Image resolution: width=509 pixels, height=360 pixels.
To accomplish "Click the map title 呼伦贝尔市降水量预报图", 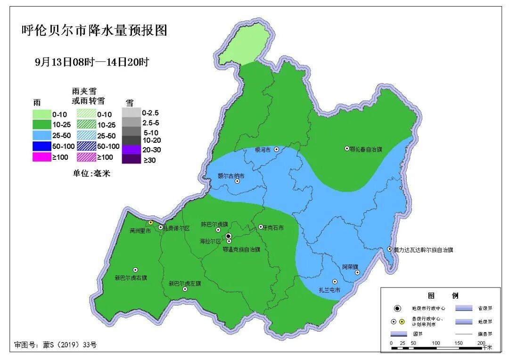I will [x=95, y=31].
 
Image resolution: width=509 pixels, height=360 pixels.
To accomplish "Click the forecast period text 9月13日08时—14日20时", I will [x=92, y=62].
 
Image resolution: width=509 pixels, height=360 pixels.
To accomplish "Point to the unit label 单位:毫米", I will [x=91, y=173].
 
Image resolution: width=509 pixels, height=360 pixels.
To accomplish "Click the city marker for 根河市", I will [x=277, y=149].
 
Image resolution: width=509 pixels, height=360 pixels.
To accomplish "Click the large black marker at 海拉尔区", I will [x=228, y=236].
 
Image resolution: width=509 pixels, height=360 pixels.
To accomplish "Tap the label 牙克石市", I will [x=273, y=228].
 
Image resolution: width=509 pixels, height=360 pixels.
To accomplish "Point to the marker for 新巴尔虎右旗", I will [x=135, y=270].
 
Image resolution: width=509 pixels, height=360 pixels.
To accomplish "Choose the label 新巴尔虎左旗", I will [x=185, y=284].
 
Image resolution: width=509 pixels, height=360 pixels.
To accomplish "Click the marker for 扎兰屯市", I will [x=335, y=281].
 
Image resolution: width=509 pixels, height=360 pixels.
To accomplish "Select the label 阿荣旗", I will [x=351, y=266].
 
